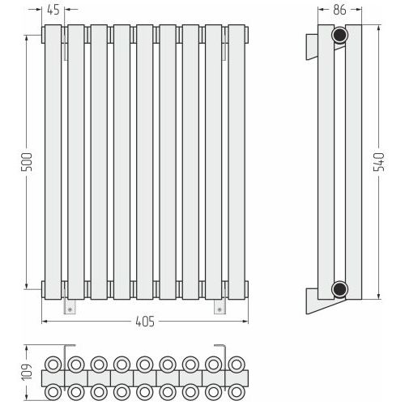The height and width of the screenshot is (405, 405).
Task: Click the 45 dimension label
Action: tap(53, 10)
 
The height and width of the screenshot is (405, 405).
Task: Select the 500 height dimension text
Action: tap(27, 162)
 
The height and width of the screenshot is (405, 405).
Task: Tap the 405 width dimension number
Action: tap(145, 322)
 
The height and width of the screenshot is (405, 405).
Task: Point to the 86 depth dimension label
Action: tap(339, 10)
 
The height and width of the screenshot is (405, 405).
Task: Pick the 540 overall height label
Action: tap(378, 162)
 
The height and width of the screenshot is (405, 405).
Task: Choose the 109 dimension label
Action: tap(27, 372)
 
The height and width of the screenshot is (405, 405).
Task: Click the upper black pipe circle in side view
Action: tap(339, 35)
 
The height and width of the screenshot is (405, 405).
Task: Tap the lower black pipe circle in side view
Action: tap(339, 289)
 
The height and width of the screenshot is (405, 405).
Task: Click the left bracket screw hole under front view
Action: tap(70, 309)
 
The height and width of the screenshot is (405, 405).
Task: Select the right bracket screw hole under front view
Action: tap(220, 309)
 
